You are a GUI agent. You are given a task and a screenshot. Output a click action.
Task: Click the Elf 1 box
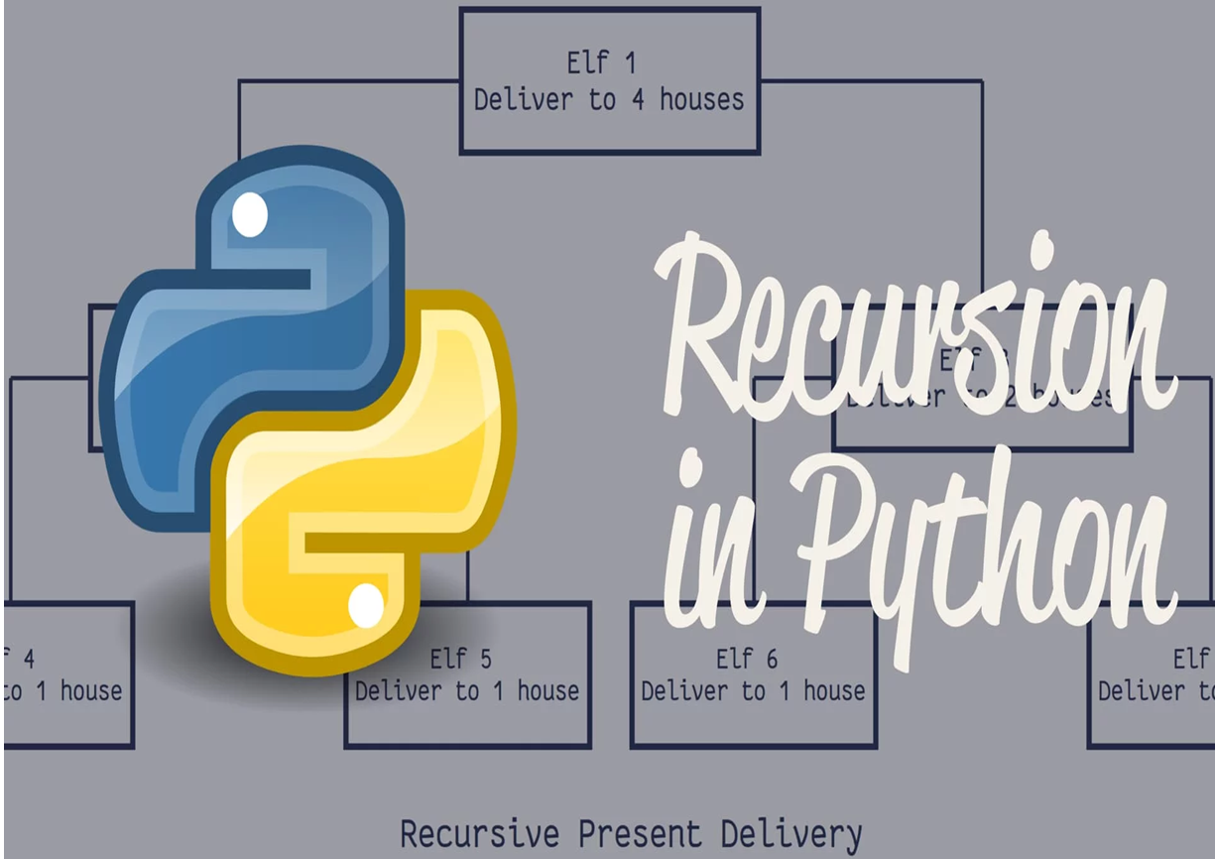click(609, 81)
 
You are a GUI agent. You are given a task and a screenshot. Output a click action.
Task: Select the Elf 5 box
click(467, 675)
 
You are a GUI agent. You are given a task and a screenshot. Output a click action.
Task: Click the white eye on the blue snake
click(249, 214)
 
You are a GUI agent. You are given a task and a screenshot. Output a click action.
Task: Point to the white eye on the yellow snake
click(366, 605)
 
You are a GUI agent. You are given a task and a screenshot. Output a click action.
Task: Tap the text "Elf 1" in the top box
click(601, 63)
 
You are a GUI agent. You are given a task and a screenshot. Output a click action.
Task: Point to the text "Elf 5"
click(460, 659)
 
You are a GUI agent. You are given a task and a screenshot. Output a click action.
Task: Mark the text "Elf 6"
click(747, 659)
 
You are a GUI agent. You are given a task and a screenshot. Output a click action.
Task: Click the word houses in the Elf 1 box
click(701, 100)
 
